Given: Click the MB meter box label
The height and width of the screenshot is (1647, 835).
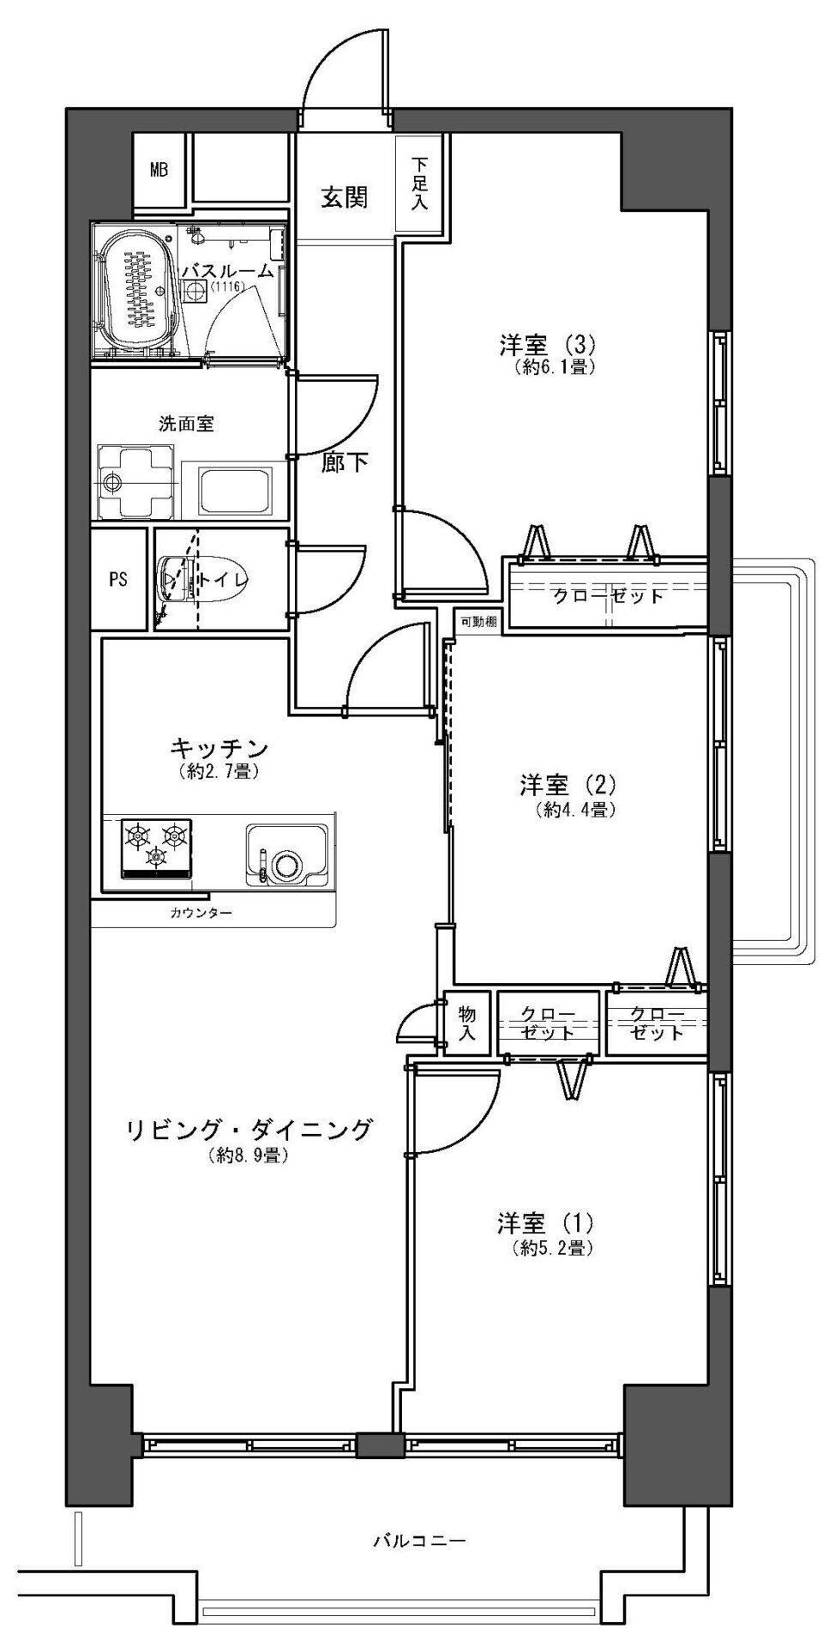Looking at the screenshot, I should pyautogui.click(x=159, y=170).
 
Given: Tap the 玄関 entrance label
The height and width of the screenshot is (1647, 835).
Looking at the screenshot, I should pyautogui.click(x=345, y=197).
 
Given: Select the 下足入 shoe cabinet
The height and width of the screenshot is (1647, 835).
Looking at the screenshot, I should pyautogui.click(x=420, y=182).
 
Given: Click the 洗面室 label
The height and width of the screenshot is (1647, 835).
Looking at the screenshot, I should pyautogui.click(x=186, y=423).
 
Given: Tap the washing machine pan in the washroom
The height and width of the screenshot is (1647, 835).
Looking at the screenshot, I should pyautogui.click(x=137, y=481).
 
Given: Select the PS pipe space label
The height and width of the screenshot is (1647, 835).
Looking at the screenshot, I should pyautogui.click(x=118, y=579).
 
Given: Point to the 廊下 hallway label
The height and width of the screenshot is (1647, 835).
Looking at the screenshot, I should pyautogui.click(x=345, y=463).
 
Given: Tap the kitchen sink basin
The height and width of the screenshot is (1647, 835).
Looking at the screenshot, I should pyautogui.click(x=286, y=854).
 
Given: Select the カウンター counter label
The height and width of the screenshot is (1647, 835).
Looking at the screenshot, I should pyautogui.click(x=201, y=913).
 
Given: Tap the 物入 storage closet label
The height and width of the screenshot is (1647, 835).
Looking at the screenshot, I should pyautogui.click(x=467, y=1021).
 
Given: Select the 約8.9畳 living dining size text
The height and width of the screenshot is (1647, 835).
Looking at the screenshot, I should pyautogui.click(x=247, y=1155).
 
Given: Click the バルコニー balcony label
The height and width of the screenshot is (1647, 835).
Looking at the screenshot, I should pyautogui.click(x=420, y=1541).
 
